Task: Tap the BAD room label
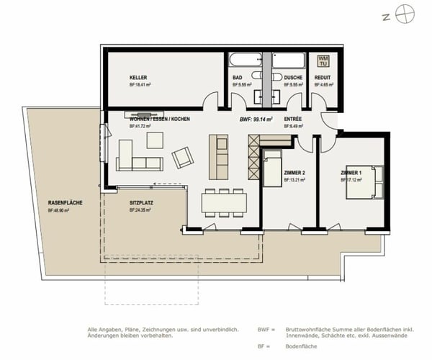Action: point(238,77)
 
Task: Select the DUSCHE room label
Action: point(293,77)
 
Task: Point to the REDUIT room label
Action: point(323,77)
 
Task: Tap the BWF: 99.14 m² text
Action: point(255,118)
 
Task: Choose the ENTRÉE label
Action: point(293,118)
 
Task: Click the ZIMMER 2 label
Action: point(295,174)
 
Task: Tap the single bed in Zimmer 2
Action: point(272,172)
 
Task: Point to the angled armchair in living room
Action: point(183,157)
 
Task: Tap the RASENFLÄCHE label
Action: point(65,204)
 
